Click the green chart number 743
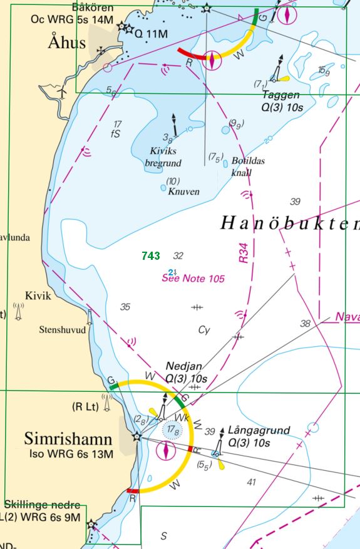151,255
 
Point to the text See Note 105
193,278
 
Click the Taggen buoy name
280,95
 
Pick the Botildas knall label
247,167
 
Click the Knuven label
183,192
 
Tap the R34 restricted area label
244,253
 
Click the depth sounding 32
178,255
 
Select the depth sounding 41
252,481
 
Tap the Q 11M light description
152,33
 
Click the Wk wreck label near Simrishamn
180,416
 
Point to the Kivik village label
38,295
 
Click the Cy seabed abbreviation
203,329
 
